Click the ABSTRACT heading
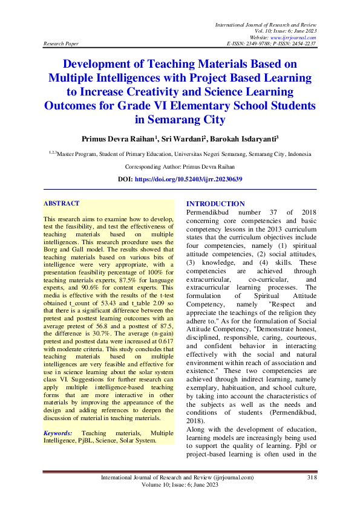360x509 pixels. click(x=64, y=204)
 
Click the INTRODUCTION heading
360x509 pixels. click(x=216, y=204)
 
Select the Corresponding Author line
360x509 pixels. click(x=180, y=166)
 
